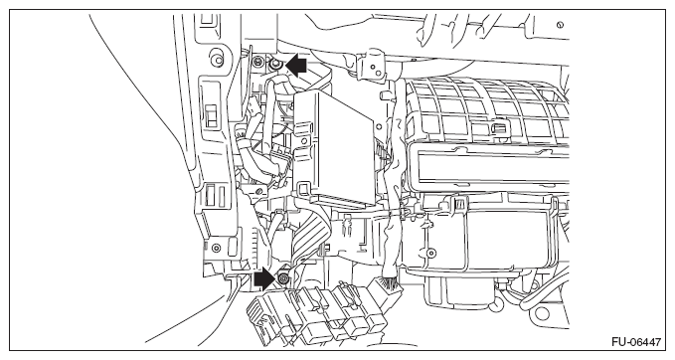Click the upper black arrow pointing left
pyautogui.click(x=296, y=66)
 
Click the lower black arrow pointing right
pyautogui.click(x=264, y=279)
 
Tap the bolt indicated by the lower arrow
pyautogui.click(x=283, y=279)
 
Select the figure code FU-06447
pyautogui.click(x=635, y=342)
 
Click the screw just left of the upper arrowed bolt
pyautogui.click(x=258, y=61)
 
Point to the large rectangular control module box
pyautogui.click(x=334, y=147)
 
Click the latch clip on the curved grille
pyautogui.click(x=499, y=127)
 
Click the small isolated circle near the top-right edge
pyautogui.click(x=560, y=25)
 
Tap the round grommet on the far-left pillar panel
pyautogui.click(x=217, y=58)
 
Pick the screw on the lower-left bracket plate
pyautogui.click(x=216, y=248)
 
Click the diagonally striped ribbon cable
pyautogui.click(x=311, y=235)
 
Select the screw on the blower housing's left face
pyautogui.click(x=429, y=253)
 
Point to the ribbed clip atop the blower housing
pyautogui.click(x=458, y=204)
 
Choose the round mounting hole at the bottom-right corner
pyautogui.click(x=534, y=284)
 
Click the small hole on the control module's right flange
pyautogui.click(x=379, y=126)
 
